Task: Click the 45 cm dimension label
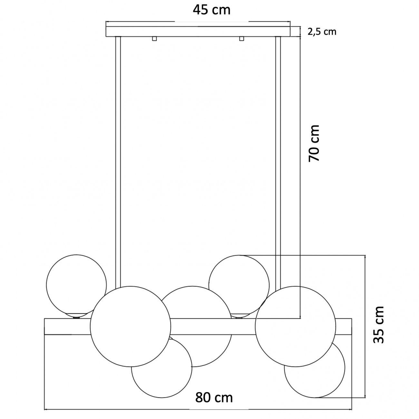211,10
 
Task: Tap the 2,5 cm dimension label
322,32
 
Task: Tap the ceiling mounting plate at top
198,32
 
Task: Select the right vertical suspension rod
278,163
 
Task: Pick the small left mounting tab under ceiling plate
154,38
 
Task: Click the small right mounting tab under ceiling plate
241,38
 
